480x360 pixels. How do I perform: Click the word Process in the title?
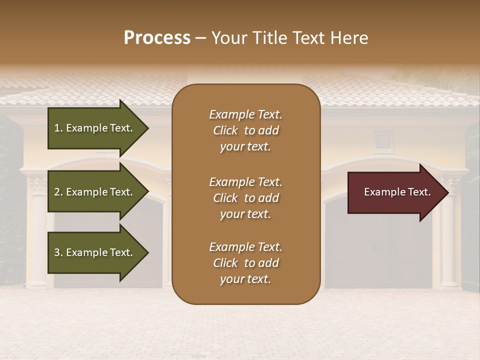157,38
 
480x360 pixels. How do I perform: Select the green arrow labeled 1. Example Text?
93,128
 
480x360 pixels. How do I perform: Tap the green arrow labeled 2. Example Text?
93,192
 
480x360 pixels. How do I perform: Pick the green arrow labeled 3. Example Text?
93,252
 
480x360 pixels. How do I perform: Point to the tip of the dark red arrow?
447,192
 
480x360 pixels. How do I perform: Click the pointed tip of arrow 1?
147,128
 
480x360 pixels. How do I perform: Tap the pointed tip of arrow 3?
147,252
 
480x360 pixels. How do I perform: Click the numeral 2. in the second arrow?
58,192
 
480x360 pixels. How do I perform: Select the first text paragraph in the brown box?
245,130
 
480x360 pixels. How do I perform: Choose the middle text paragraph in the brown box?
245,197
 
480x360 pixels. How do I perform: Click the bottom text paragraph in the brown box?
245,263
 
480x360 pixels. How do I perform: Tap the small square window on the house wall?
382,138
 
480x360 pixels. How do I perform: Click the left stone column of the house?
37,235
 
